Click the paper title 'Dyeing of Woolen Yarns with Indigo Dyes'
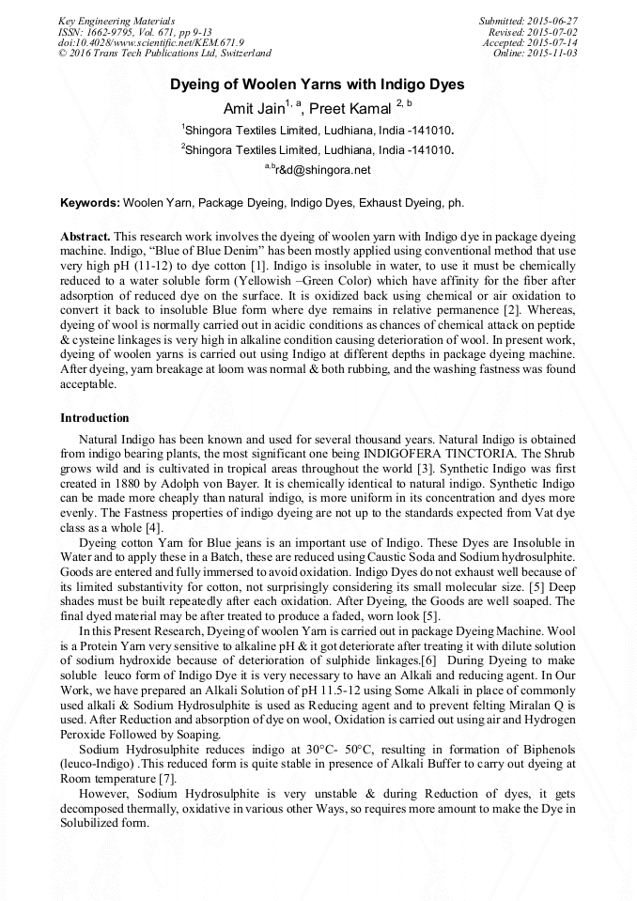[318, 85]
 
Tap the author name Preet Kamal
[352, 108]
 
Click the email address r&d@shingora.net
[322, 170]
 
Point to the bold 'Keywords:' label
[90, 202]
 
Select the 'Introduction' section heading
[95, 417]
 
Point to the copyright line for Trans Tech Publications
[164, 54]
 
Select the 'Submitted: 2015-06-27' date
[528, 20]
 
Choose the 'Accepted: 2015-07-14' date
[530, 42]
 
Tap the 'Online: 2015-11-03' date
[536, 54]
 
